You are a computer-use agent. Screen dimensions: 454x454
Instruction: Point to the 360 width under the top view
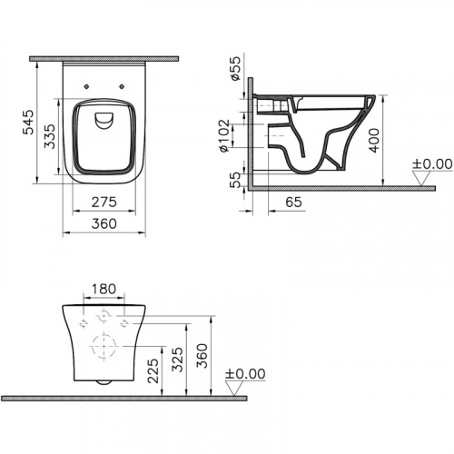(102, 225)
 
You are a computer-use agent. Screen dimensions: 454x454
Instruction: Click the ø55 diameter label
(233, 69)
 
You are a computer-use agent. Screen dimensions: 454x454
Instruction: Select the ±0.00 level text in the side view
(431, 163)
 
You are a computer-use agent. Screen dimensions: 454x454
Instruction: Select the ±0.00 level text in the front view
(244, 373)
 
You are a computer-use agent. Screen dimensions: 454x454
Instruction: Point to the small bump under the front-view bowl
(104, 383)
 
